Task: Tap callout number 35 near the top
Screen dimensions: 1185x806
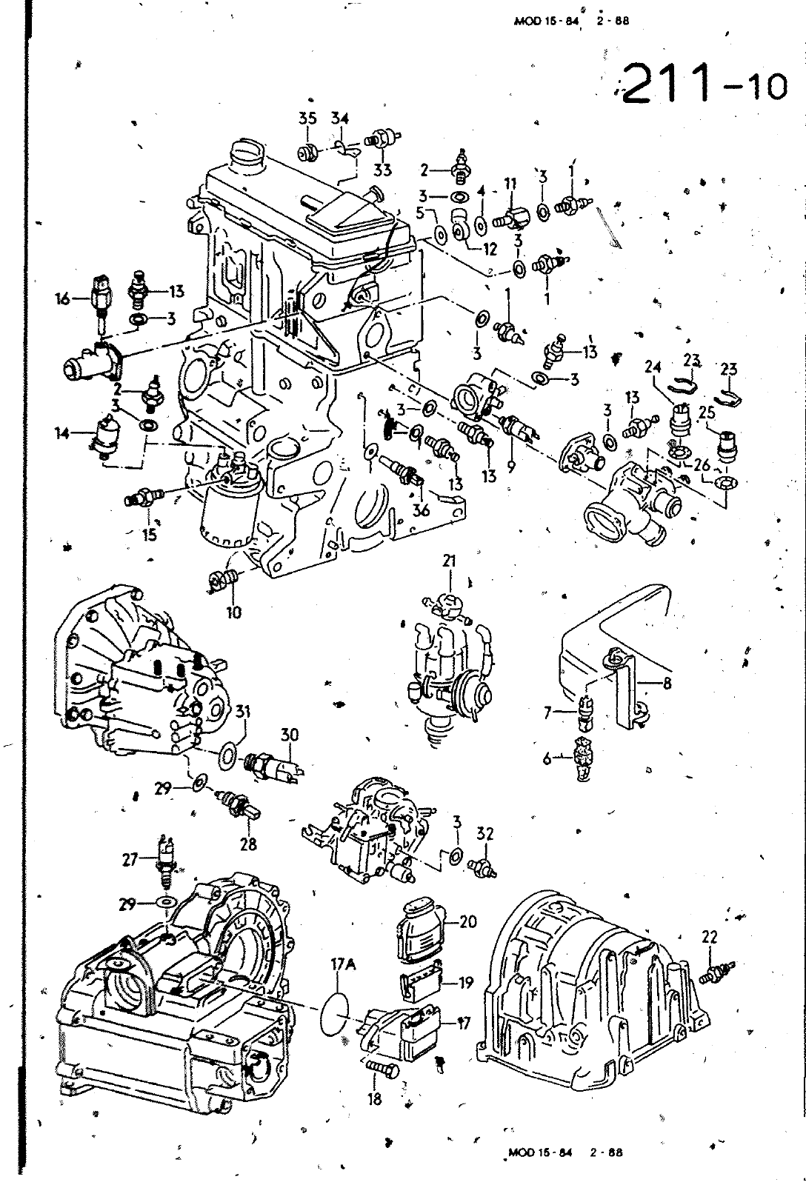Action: pyautogui.click(x=307, y=118)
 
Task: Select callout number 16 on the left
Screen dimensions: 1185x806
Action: pyautogui.click(x=64, y=298)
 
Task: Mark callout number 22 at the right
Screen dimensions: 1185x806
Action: pyautogui.click(x=709, y=937)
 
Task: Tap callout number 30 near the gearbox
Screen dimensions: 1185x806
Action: pyautogui.click(x=289, y=735)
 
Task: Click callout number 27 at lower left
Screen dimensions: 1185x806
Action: pyautogui.click(x=130, y=859)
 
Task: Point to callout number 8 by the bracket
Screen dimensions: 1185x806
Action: pyautogui.click(x=667, y=684)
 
